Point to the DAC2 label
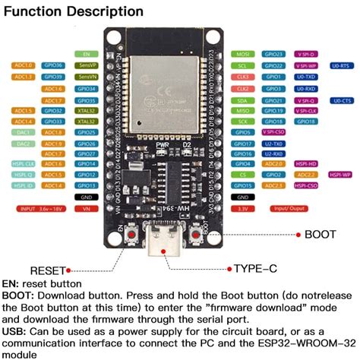click(24, 143)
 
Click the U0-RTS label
click(340, 66)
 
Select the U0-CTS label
click(340, 100)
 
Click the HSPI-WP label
click(339, 174)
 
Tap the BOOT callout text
click(320, 235)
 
